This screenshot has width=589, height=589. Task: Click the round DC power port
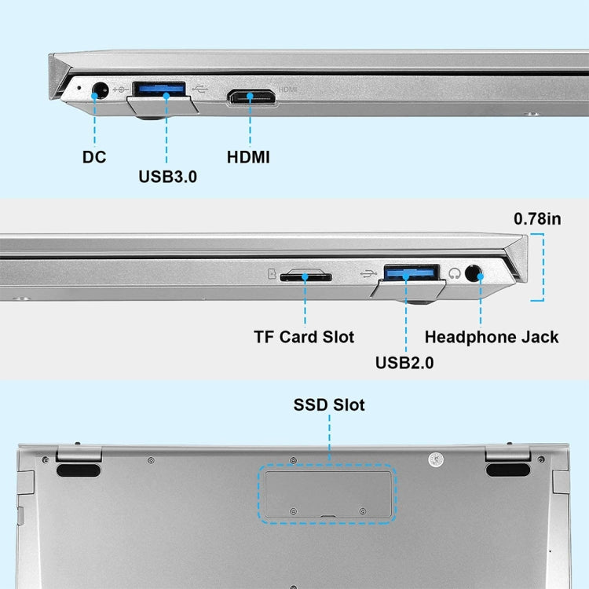[x=100, y=90]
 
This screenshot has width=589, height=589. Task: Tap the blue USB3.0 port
[x=159, y=89]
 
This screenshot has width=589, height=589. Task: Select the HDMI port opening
[x=252, y=97]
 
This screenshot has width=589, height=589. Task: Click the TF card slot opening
[x=305, y=277]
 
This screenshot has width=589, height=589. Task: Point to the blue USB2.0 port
[x=412, y=272]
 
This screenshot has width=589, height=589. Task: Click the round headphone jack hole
[x=474, y=273]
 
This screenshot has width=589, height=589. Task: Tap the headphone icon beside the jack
[x=455, y=273]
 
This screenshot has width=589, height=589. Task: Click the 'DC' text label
[x=94, y=157]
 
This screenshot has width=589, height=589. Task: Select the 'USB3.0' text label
[x=167, y=177]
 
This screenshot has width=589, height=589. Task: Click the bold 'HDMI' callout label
[x=248, y=157]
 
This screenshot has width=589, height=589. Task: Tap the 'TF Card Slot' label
[x=304, y=337]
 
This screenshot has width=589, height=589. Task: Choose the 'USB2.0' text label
[x=404, y=363]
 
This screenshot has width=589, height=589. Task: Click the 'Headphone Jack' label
[x=492, y=337]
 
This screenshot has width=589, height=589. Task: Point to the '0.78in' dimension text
[x=537, y=219]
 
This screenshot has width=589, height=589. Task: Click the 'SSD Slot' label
[x=329, y=405]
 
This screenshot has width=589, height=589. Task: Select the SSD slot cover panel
[x=328, y=494]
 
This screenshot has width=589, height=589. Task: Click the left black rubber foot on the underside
[x=79, y=470]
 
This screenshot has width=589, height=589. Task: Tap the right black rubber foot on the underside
[x=508, y=470]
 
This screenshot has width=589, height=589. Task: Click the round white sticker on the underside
[x=436, y=459]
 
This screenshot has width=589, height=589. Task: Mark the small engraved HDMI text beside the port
[x=287, y=90]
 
